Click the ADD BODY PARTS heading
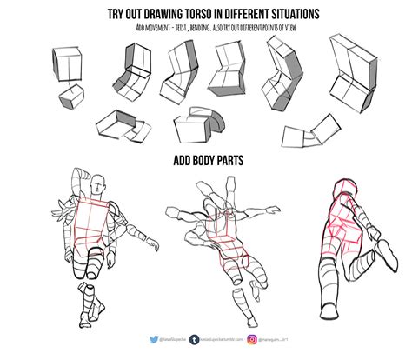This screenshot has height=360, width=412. (207, 161)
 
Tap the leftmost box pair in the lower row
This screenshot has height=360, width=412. (120, 126)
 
